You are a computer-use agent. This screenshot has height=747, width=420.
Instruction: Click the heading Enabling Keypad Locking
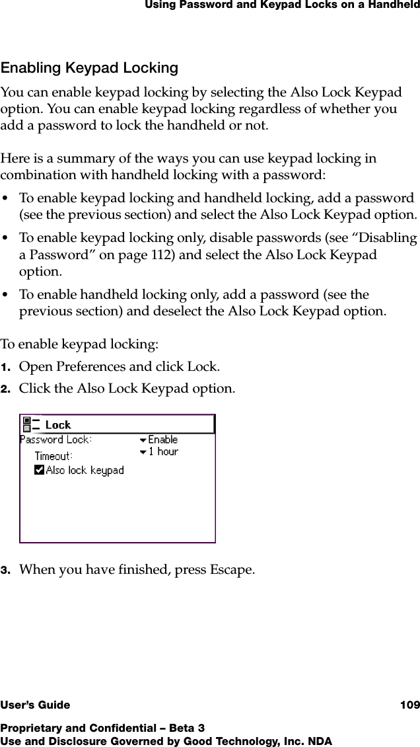coord(89,68)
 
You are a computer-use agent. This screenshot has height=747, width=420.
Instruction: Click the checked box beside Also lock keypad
coord(39,470)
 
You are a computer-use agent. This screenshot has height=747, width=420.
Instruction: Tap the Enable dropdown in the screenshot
coord(158,440)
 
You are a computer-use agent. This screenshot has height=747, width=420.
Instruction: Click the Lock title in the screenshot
coord(58,425)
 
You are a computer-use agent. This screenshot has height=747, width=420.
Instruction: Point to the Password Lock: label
coord(56,440)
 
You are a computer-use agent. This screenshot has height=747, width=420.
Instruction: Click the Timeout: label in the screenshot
coord(53,456)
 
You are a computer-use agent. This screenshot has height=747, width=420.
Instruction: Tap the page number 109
coord(409,705)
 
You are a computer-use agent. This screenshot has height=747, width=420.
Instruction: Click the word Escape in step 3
coord(232,569)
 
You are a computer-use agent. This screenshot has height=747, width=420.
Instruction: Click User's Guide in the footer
coord(35,705)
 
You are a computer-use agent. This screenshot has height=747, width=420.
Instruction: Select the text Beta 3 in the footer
coord(187,728)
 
